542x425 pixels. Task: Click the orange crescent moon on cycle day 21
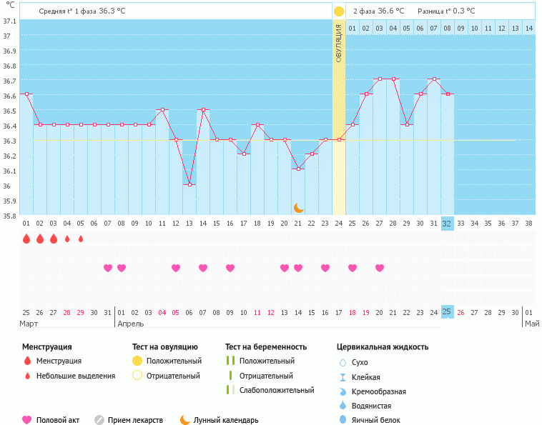click(x=299, y=208)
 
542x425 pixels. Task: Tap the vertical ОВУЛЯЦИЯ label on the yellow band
click(x=339, y=43)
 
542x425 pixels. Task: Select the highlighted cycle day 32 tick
click(x=447, y=223)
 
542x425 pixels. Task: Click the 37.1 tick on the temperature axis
click(x=9, y=21)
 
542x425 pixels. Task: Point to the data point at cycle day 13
click(x=189, y=184)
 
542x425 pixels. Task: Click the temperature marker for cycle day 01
click(x=26, y=94)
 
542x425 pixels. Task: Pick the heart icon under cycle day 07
click(x=108, y=268)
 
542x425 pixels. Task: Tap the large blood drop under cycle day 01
click(x=26, y=239)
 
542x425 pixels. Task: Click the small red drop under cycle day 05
click(x=81, y=239)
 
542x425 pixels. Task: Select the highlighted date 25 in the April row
click(x=447, y=312)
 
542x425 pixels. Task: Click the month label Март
click(x=29, y=324)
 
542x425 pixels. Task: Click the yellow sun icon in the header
click(x=339, y=11)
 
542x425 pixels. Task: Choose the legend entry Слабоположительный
click(x=277, y=390)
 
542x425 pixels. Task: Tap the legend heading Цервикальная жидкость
click(x=383, y=346)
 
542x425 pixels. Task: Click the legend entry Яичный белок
click(x=381, y=420)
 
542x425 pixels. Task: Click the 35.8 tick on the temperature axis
click(x=9, y=216)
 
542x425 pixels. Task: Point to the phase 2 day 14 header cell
click(x=528, y=28)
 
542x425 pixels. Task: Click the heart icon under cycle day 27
click(x=380, y=268)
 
